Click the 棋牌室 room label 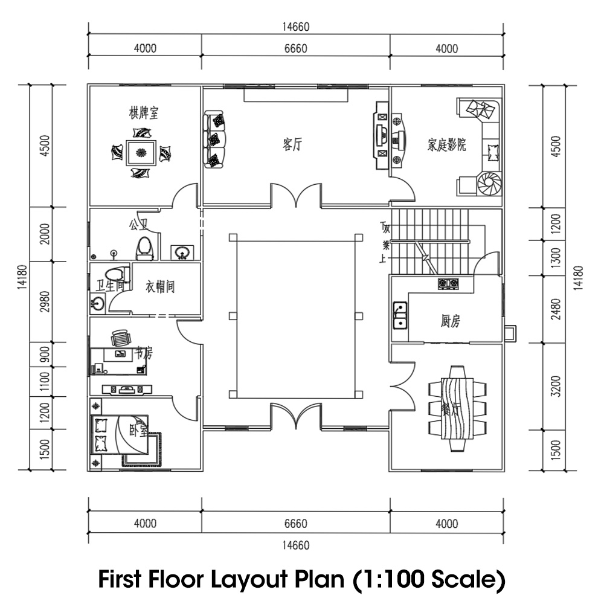144,113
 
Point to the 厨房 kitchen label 450,321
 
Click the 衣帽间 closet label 160,287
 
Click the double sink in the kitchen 399,315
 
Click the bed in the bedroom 120,435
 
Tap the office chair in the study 120,338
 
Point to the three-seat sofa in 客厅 214,140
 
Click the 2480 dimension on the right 556,309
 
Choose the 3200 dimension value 556,387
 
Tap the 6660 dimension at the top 295,49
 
